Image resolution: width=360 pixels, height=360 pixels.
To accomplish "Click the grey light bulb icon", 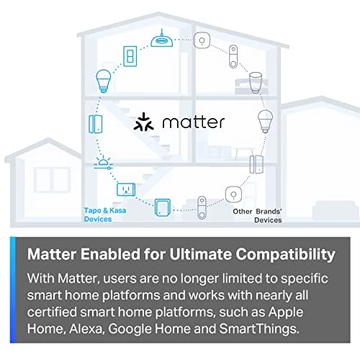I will point(262,119).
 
